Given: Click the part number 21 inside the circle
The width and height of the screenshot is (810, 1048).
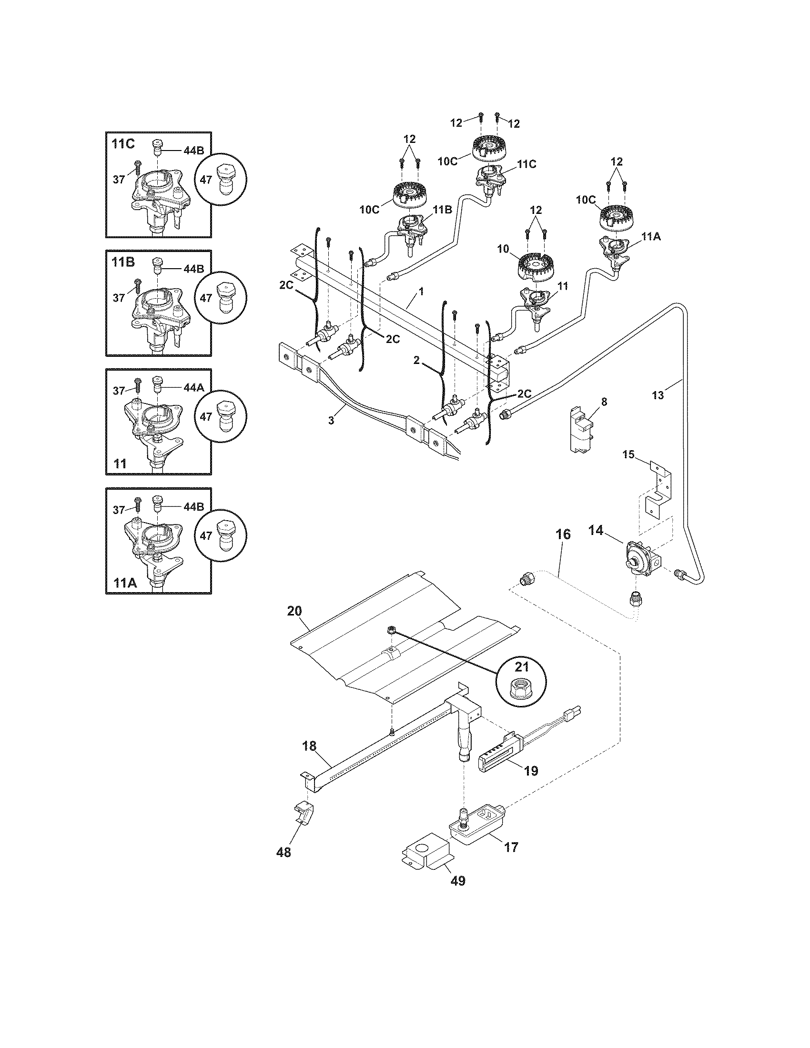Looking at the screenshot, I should (x=521, y=666).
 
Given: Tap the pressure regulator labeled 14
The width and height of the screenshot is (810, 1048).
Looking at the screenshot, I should (x=638, y=558).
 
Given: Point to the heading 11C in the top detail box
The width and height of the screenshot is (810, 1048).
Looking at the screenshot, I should (x=123, y=143).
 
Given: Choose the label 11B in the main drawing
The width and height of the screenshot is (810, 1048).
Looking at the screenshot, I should (x=443, y=210).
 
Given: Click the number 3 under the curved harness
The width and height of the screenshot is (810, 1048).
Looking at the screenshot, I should (x=331, y=420).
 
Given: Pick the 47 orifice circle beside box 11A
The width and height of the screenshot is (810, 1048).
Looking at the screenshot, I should (x=222, y=535).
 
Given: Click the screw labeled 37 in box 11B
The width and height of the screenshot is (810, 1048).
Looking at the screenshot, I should (x=138, y=287).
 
